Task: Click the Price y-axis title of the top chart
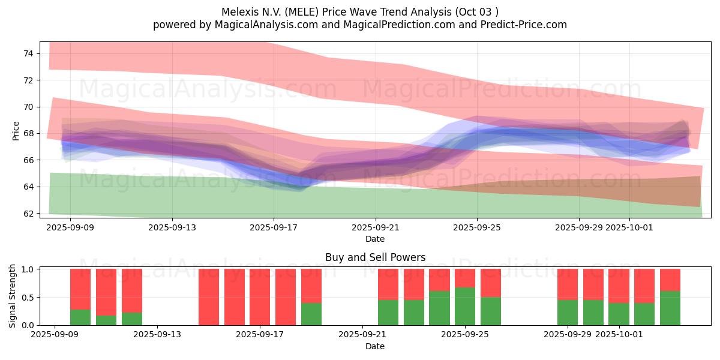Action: click(16, 131)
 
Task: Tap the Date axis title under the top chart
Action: click(375, 239)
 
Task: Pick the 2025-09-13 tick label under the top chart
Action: click(172, 227)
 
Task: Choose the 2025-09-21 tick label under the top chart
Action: click(376, 227)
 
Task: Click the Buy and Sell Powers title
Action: click(375, 257)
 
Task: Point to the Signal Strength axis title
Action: click(13, 296)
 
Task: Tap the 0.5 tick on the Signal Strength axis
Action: click(28, 297)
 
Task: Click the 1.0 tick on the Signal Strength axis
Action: click(28, 269)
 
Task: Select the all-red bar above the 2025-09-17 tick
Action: click(260, 297)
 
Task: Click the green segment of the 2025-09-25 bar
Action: click(465, 307)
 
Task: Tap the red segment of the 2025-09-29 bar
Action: click(568, 284)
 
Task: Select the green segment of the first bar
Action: click(80, 317)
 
